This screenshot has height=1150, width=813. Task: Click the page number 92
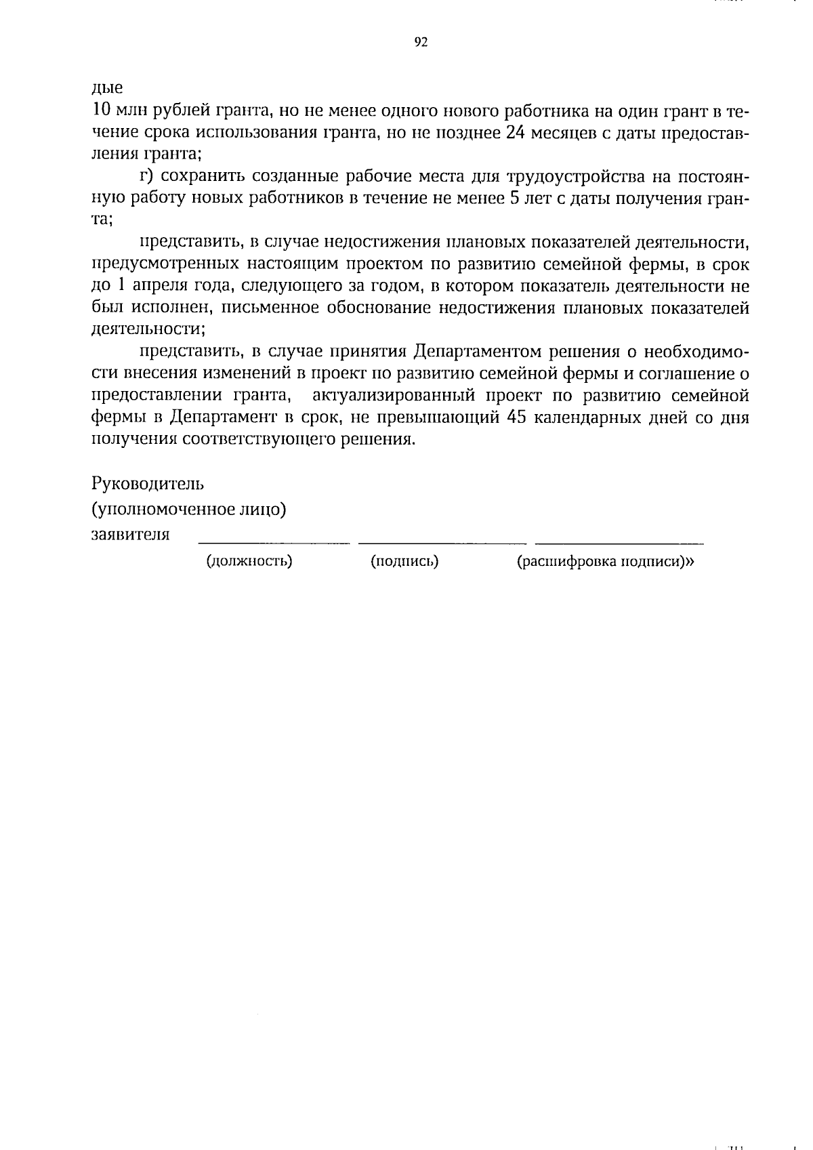(x=421, y=43)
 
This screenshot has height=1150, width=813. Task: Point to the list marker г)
(x=148, y=177)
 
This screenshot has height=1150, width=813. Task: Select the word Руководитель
(x=148, y=484)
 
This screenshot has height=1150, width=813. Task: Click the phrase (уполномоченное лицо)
(x=188, y=510)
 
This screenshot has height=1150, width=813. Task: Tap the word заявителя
(x=130, y=534)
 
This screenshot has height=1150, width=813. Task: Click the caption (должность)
(x=249, y=561)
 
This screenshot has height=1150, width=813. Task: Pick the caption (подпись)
(x=404, y=561)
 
